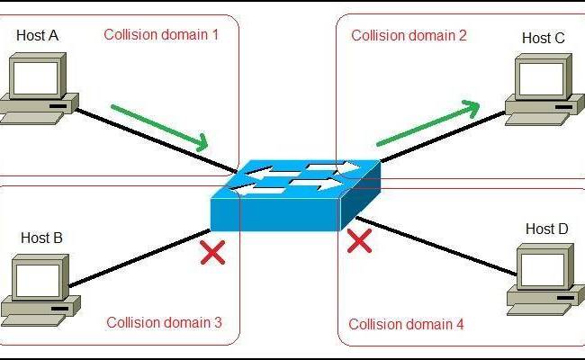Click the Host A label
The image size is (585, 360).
point(37,35)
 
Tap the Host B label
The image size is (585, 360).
point(41,238)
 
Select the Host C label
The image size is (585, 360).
point(544,38)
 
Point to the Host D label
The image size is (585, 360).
point(546,229)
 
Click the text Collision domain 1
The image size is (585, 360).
point(161,35)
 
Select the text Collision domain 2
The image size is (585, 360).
point(409,36)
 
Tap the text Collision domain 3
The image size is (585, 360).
point(163,322)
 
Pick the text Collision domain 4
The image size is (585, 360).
point(406,324)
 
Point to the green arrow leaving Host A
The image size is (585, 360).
point(160,126)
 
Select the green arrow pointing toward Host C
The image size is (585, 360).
point(427,124)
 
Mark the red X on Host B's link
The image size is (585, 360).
point(212,252)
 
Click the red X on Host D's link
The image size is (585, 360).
point(360,240)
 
